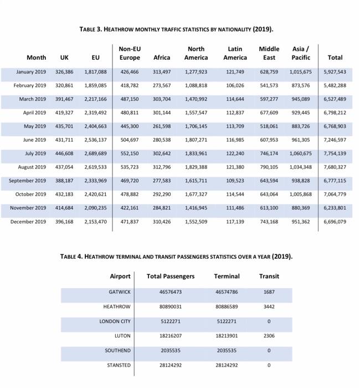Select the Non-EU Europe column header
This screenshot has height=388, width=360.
coord(130,53)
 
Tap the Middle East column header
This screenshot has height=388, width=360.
coord(269,53)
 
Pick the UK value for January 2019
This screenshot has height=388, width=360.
coord(64,72)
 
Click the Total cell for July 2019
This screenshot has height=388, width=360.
coord(335,154)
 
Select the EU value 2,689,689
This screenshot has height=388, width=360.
coord(95,154)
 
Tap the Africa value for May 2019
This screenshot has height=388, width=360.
coord(162,126)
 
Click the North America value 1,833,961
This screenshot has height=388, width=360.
coord(196,154)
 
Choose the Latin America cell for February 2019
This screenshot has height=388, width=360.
coord(235,85)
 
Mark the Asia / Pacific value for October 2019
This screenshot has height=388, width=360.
coord(301,195)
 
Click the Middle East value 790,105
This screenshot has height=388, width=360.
coord(269,167)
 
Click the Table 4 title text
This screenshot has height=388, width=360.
coord(176,257)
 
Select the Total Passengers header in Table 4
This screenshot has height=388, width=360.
coord(171,276)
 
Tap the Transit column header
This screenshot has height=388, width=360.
coord(269,276)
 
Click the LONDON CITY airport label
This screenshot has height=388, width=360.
coord(115,321)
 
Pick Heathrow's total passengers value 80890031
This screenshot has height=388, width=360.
coord(171,307)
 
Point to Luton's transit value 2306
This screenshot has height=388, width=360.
coord(269,336)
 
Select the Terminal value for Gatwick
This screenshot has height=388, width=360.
coord(227,292)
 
